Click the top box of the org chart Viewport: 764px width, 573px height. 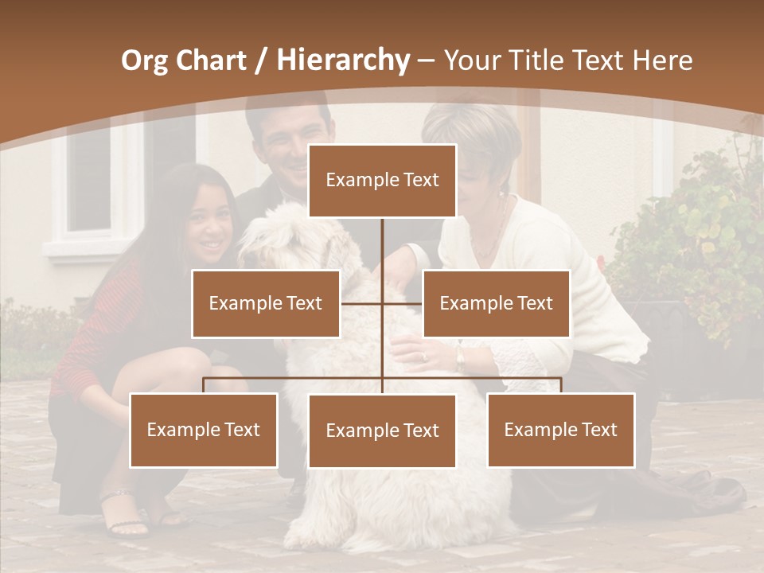[x=382, y=181]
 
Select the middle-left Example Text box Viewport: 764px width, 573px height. [x=265, y=303]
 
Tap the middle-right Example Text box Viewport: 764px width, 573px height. [x=496, y=303]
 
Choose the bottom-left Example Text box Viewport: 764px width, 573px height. [x=203, y=430]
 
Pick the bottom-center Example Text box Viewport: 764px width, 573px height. [x=382, y=431]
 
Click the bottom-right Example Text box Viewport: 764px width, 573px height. [x=560, y=430]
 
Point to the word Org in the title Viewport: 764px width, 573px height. [x=145, y=60]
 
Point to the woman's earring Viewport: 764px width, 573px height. [x=501, y=193]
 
